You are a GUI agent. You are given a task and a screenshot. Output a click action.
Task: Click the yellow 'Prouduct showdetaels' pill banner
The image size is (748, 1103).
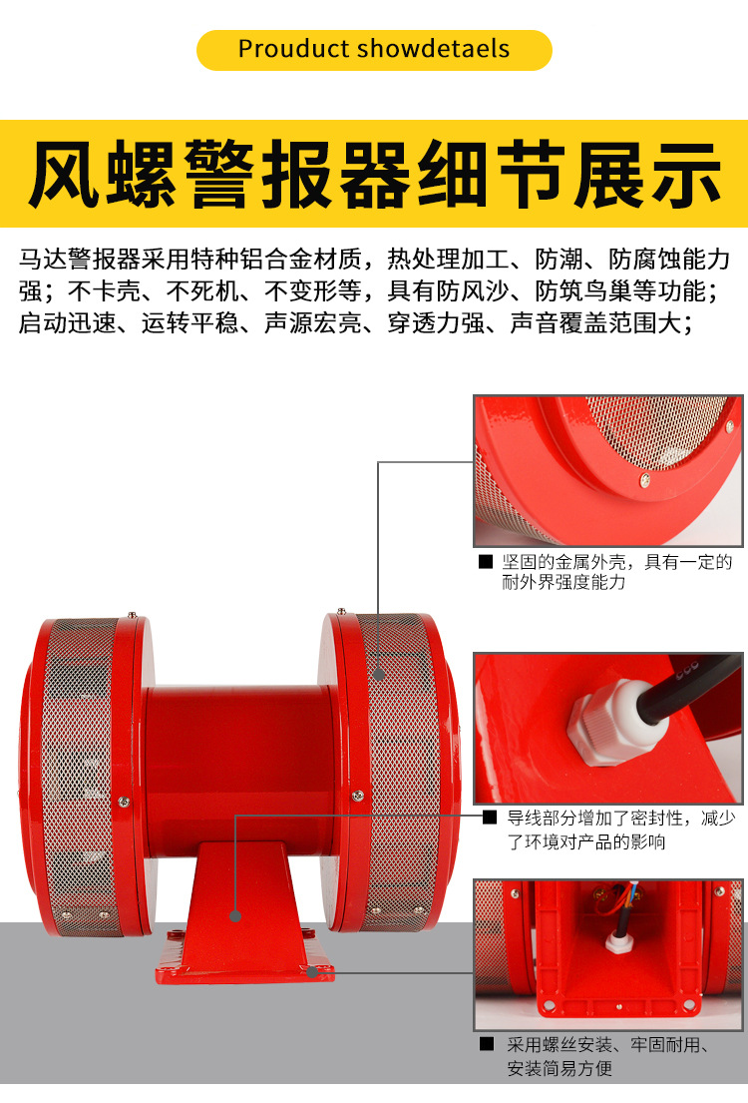click(374, 50)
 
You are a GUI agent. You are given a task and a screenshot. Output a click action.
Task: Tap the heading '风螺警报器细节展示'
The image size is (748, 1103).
click(374, 176)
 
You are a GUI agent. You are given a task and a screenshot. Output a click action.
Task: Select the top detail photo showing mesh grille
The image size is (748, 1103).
click(607, 470)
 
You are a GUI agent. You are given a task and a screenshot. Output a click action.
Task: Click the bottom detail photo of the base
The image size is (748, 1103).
click(607, 954)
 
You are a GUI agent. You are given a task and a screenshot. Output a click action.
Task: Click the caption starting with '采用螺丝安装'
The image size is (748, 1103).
click(608, 1057)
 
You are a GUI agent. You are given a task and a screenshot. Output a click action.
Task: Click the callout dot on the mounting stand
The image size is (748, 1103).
click(236, 914)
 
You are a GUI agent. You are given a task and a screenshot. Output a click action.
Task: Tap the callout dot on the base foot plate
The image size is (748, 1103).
click(312, 969)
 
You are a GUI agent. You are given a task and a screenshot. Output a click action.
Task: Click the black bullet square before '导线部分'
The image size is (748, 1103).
click(489, 818)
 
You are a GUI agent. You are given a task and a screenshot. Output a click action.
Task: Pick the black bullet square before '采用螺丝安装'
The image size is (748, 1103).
click(487, 1045)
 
